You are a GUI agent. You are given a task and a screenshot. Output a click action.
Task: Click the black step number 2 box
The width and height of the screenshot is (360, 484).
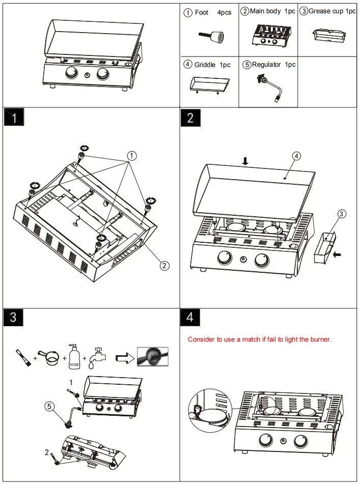pos(190,118)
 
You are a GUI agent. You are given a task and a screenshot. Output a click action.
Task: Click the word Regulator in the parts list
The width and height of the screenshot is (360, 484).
pos(267,65)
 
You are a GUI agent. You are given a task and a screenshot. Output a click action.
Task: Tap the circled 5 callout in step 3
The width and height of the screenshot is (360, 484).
pos(49,406)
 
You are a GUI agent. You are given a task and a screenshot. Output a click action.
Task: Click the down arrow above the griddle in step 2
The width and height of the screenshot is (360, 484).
pos(245,161)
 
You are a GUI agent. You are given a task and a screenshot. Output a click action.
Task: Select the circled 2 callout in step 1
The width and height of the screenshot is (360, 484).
pos(164,265)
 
